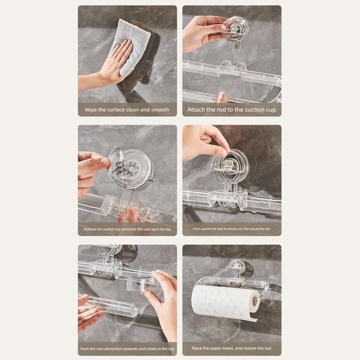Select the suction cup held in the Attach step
point(235,29)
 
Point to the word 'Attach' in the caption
point(196,110)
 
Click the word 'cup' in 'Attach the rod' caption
point(270,110)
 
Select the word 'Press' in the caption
point(197,229)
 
